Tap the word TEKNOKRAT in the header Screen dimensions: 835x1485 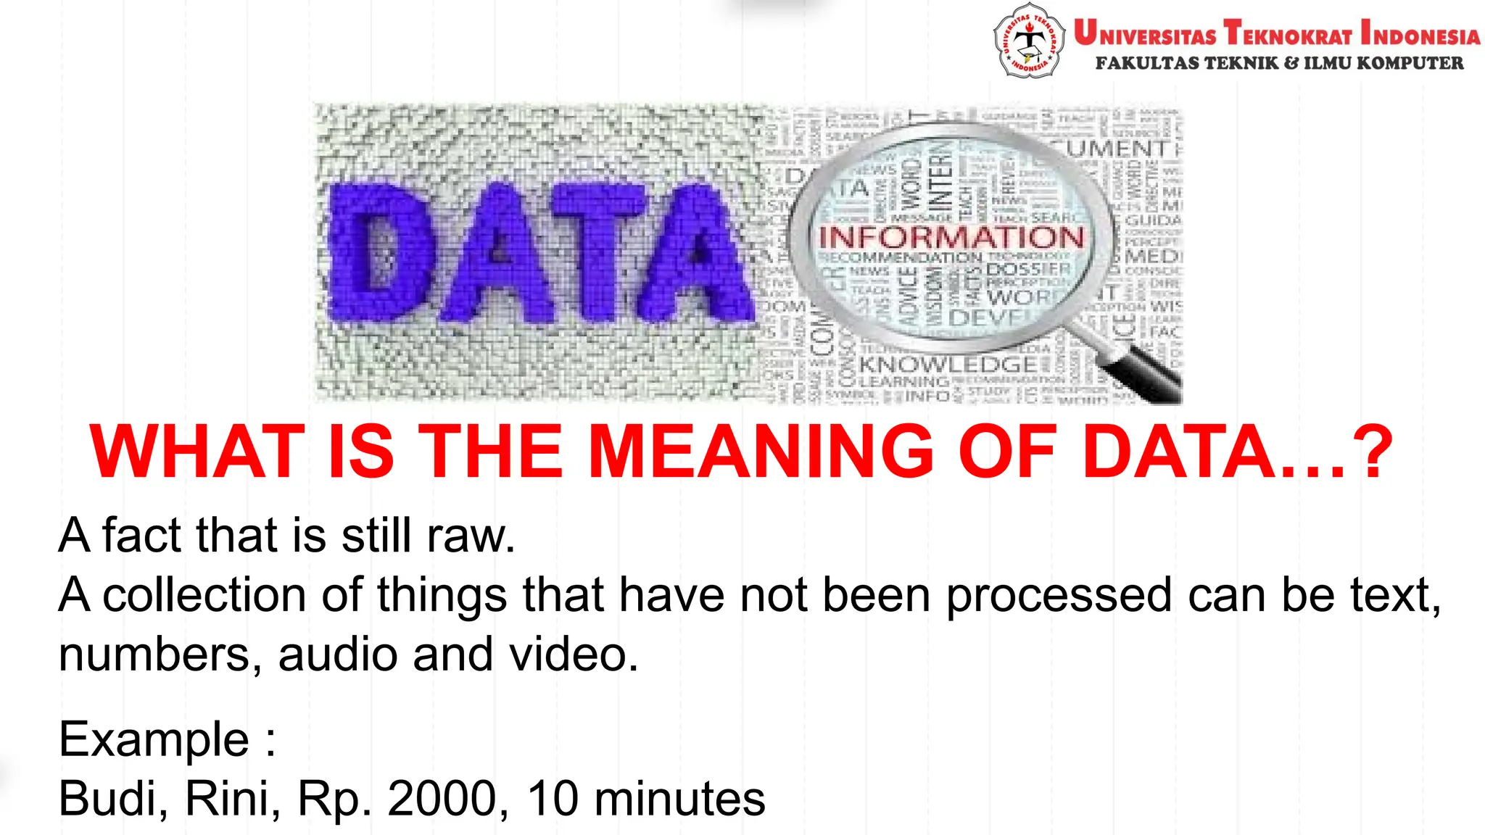[x=1288, y=34]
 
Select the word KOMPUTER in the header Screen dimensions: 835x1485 [x=1410, y=64]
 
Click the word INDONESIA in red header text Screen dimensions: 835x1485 [x=1420, y=34]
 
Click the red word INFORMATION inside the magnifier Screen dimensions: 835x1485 [x=951, y=237]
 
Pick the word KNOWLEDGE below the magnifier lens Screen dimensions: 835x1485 [x=948, y=364]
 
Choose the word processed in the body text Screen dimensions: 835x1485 [x=1059, y=595]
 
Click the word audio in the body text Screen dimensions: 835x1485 [x=338, y=655]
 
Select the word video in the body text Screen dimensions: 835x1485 [x=573, y=655]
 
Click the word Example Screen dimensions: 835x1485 [x=154, y=739]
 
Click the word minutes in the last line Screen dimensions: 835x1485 [x=679, y=799]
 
